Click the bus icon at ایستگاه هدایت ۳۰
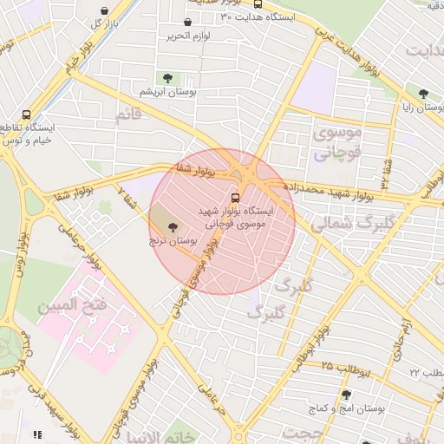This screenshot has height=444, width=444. point(258,4)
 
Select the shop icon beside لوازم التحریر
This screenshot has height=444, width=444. point(188,23)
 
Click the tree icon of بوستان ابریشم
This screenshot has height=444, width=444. point(167,78)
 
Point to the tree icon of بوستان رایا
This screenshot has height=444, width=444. point(423,94)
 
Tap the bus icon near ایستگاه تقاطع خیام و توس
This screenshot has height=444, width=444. point(26,114)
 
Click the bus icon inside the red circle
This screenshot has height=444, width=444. point(235,196)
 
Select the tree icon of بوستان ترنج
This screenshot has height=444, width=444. point(171,226)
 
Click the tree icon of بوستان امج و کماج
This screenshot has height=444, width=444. point(346,395)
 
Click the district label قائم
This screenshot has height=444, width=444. point(127,114)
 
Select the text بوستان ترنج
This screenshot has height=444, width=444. point(171,240)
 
